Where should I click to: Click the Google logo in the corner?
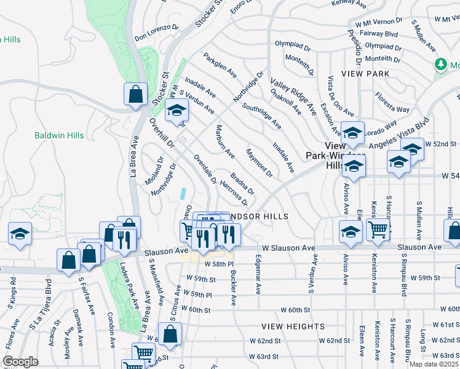point(20,361)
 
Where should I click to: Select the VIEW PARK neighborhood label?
point(367,74)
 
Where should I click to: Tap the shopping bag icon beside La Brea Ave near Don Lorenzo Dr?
point(135,95)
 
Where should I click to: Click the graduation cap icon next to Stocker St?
point(176,110)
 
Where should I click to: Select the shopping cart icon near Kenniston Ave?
point(378,229)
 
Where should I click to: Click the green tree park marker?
point(441,64)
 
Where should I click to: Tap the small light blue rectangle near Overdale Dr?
point(184,193)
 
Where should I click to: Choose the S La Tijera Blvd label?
point(48,295)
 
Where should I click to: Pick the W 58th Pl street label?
point(223,263)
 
